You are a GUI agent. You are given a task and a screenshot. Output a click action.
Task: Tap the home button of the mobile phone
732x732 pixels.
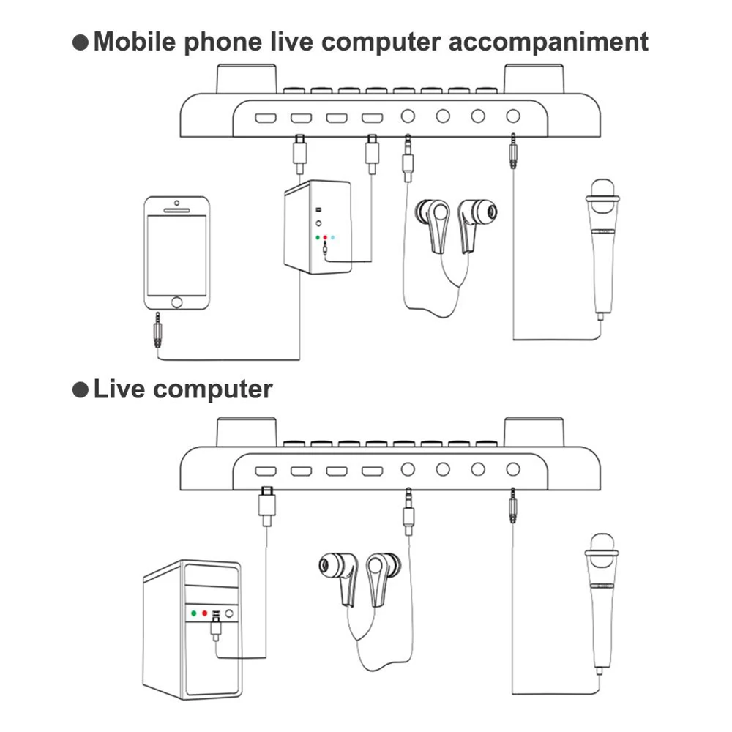(176, 301)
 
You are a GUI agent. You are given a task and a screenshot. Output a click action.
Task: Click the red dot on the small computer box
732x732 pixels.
(324, 238)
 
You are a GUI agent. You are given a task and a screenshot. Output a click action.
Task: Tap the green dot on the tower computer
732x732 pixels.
(193, 613)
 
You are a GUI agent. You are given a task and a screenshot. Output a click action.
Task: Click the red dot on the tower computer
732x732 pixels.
(206, 613)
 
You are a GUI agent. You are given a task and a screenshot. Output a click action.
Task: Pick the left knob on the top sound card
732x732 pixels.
(246, 78)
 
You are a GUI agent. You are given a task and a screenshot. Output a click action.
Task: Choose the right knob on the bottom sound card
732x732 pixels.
(534, 432)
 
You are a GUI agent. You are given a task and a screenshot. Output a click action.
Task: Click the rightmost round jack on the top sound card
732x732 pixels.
(513, 116)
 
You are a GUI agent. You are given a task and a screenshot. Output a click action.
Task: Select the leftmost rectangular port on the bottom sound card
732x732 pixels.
(265, 470)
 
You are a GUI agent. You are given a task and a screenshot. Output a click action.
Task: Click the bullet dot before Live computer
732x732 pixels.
(81, 389)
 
